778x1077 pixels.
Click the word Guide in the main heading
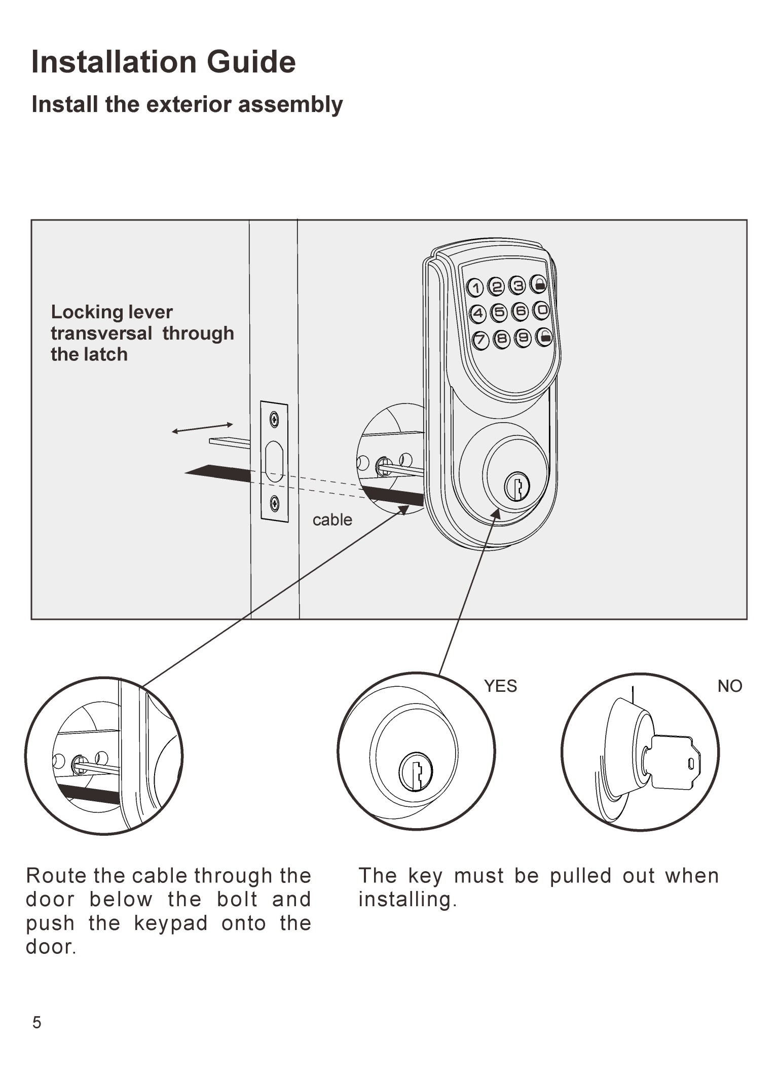(x=251, y=62)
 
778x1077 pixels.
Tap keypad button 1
(x=475, y=288)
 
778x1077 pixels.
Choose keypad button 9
(x=523, y=338)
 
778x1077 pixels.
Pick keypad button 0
(x=541, y=309)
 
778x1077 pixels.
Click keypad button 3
(x=518, y=285)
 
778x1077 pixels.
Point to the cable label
(x=332, y=520)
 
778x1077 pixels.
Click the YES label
(x=500, y=686)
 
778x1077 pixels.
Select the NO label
(x=730, y=686)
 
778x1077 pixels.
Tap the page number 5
(x=36, y=1023)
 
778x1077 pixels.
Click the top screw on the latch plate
(x=274, y=419)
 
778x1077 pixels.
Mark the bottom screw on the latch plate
(x=274, y=503)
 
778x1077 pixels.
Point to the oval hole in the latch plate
(x=274, y=461)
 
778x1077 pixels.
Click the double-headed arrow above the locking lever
(x=202, y=428)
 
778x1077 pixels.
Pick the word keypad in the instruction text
(x=171, y=923)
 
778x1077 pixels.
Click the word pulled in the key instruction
(x=581, y=876)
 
